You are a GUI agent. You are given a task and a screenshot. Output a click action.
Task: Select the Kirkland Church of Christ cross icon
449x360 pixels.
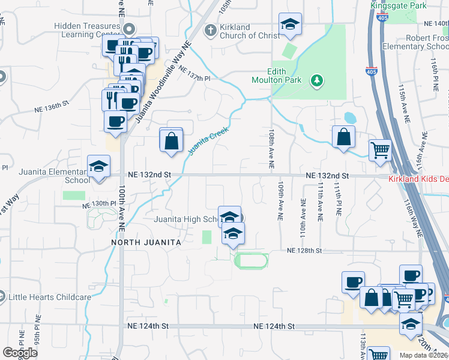pyautogui.click(x=210, y=29)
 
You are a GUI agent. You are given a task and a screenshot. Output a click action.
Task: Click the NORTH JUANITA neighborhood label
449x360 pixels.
pyautogui.click(x=146, y=242)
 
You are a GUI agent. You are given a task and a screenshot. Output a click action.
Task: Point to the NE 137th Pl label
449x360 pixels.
pyautogui.click(x=194, y=78)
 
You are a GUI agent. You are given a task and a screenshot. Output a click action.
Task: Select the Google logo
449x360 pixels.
pyautogui.click(x=20, y=352)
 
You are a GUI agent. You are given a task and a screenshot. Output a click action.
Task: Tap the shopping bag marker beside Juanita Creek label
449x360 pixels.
pyautogui.click(x=171, y=142)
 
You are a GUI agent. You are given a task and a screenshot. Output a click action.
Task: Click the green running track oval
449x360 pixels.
pyautogui.click(x=250, y=260)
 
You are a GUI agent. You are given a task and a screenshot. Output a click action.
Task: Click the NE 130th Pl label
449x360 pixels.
pyautogui.click(x=99, y=205)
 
